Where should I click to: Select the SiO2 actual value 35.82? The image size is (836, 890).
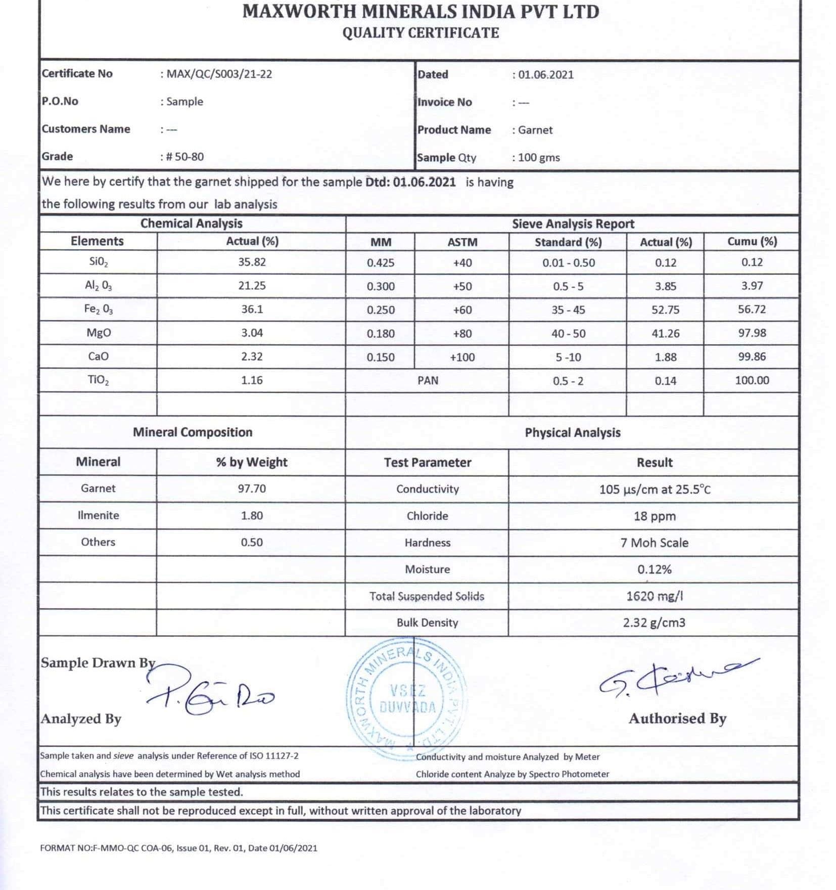click(252, 262)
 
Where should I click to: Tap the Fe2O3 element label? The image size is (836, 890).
click(98, 309)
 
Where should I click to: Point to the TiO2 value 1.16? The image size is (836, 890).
click(252, 380)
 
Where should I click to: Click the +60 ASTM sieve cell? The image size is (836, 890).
click(462, 310)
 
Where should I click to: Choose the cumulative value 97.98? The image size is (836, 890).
click(752, 333)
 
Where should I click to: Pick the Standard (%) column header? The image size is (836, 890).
click(568, 242)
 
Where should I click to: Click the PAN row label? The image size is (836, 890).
click(428, 380)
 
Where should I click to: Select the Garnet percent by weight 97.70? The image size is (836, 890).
click(252, 488)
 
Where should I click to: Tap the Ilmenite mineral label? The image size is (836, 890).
click(98, 515)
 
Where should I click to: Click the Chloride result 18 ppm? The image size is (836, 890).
click(654, 516)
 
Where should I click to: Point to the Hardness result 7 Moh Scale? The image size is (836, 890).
click(654, 543)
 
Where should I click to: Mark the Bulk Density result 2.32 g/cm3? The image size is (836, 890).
click(654, 622)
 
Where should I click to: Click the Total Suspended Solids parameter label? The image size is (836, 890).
click(427, 596)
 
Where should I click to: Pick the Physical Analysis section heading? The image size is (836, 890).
click(572, 433)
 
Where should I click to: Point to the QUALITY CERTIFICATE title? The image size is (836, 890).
click(421, 33)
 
